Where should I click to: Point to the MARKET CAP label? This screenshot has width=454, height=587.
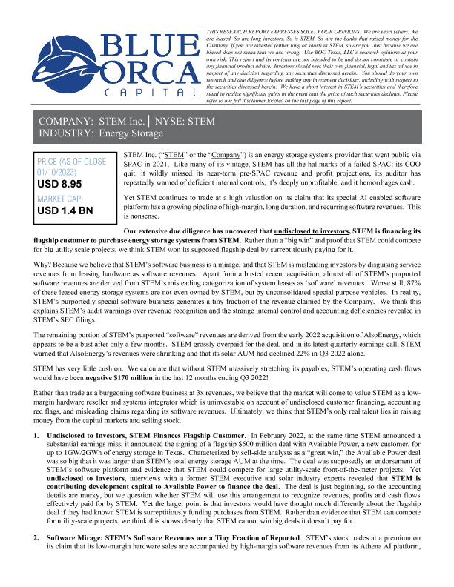62,198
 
